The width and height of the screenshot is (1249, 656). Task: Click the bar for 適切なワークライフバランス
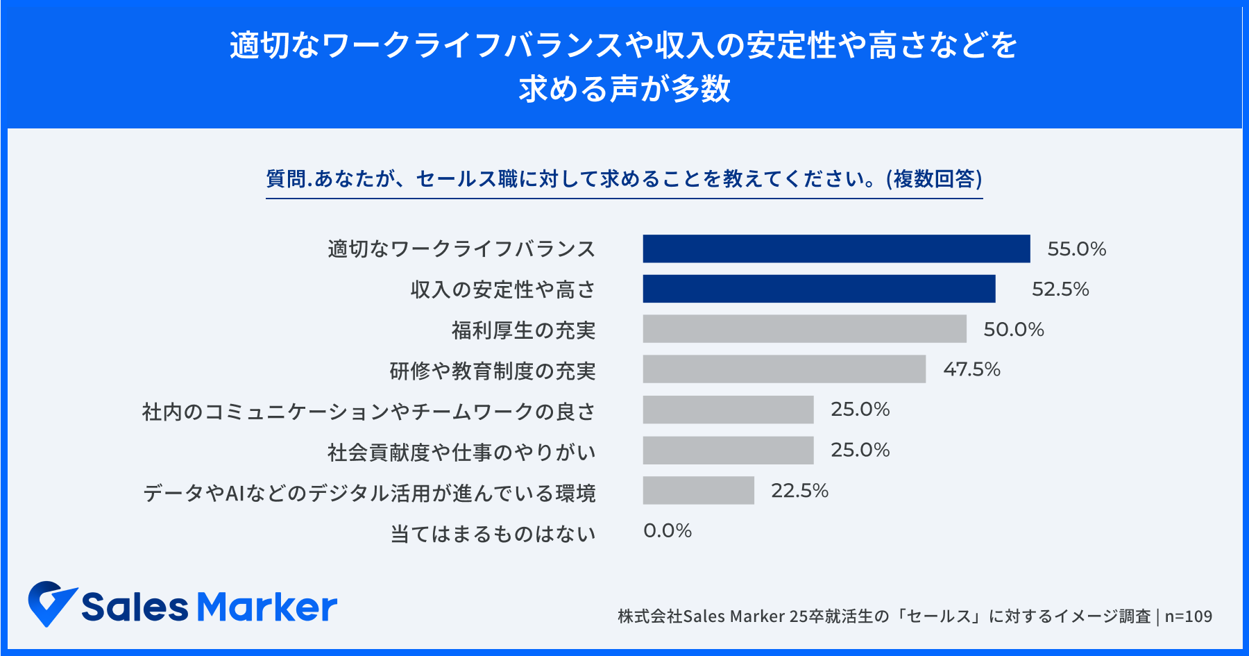(836, 249)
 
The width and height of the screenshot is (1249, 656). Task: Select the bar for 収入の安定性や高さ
(819, 289)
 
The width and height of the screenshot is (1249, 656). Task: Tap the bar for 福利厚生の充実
(804, 329)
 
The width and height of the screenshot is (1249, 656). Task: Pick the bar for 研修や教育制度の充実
(784, 369)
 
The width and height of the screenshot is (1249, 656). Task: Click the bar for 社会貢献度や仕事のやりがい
(728, 451)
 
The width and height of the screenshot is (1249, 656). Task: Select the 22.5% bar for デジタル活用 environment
(698, 490)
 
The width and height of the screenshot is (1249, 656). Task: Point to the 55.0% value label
(1076, 249)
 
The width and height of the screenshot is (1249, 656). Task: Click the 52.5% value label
(1060, 289)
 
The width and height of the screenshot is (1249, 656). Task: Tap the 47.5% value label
(971, 369)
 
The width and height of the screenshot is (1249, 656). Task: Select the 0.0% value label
(668, 531)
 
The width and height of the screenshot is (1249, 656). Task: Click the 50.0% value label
(1014, 330)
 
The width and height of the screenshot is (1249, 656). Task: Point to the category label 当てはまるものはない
(493, 534)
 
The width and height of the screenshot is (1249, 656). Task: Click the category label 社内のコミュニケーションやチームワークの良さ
(368, 412)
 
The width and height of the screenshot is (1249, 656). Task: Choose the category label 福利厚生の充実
(523, 330)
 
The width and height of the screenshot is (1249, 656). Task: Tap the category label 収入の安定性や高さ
(503, 289)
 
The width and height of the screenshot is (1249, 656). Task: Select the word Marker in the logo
(267, 607)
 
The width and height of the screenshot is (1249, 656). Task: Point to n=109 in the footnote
(1188, 616)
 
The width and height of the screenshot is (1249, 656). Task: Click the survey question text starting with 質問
(624, 179)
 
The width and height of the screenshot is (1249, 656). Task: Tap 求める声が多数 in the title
(624, 89)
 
